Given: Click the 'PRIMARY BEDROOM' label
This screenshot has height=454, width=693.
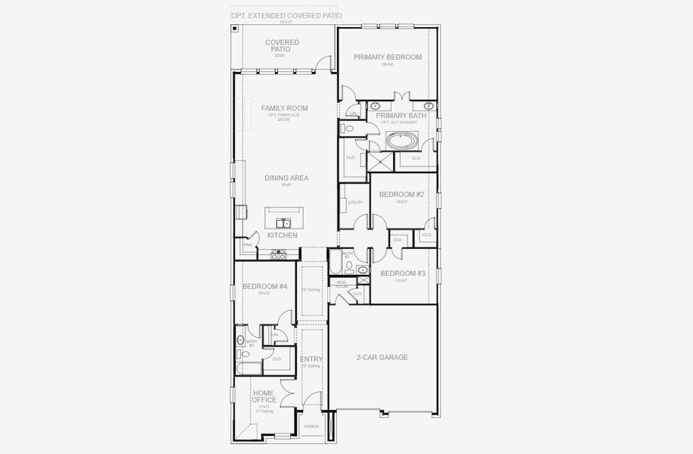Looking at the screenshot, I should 387,57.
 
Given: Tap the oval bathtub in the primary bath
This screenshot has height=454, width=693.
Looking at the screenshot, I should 401,140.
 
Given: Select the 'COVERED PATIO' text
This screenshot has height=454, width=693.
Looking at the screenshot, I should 282,45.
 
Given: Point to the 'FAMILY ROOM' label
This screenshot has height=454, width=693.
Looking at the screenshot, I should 284,108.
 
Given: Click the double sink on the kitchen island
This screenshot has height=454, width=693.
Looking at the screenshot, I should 283,222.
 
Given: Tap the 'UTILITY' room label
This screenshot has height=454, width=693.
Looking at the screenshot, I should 355,202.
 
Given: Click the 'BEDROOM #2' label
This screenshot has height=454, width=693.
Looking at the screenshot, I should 401,194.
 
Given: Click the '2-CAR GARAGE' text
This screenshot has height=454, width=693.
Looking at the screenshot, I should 382,357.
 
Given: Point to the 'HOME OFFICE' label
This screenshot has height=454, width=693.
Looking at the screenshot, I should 264,396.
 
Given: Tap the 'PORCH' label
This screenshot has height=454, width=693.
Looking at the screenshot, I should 311,427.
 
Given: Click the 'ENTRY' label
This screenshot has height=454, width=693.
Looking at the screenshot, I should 311,359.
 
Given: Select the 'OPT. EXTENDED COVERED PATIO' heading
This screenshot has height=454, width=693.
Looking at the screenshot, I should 286,15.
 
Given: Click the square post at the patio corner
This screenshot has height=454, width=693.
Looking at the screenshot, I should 236,29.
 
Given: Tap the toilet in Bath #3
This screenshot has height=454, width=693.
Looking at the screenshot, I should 241,353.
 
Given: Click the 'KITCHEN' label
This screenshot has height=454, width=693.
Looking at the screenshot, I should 283,236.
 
